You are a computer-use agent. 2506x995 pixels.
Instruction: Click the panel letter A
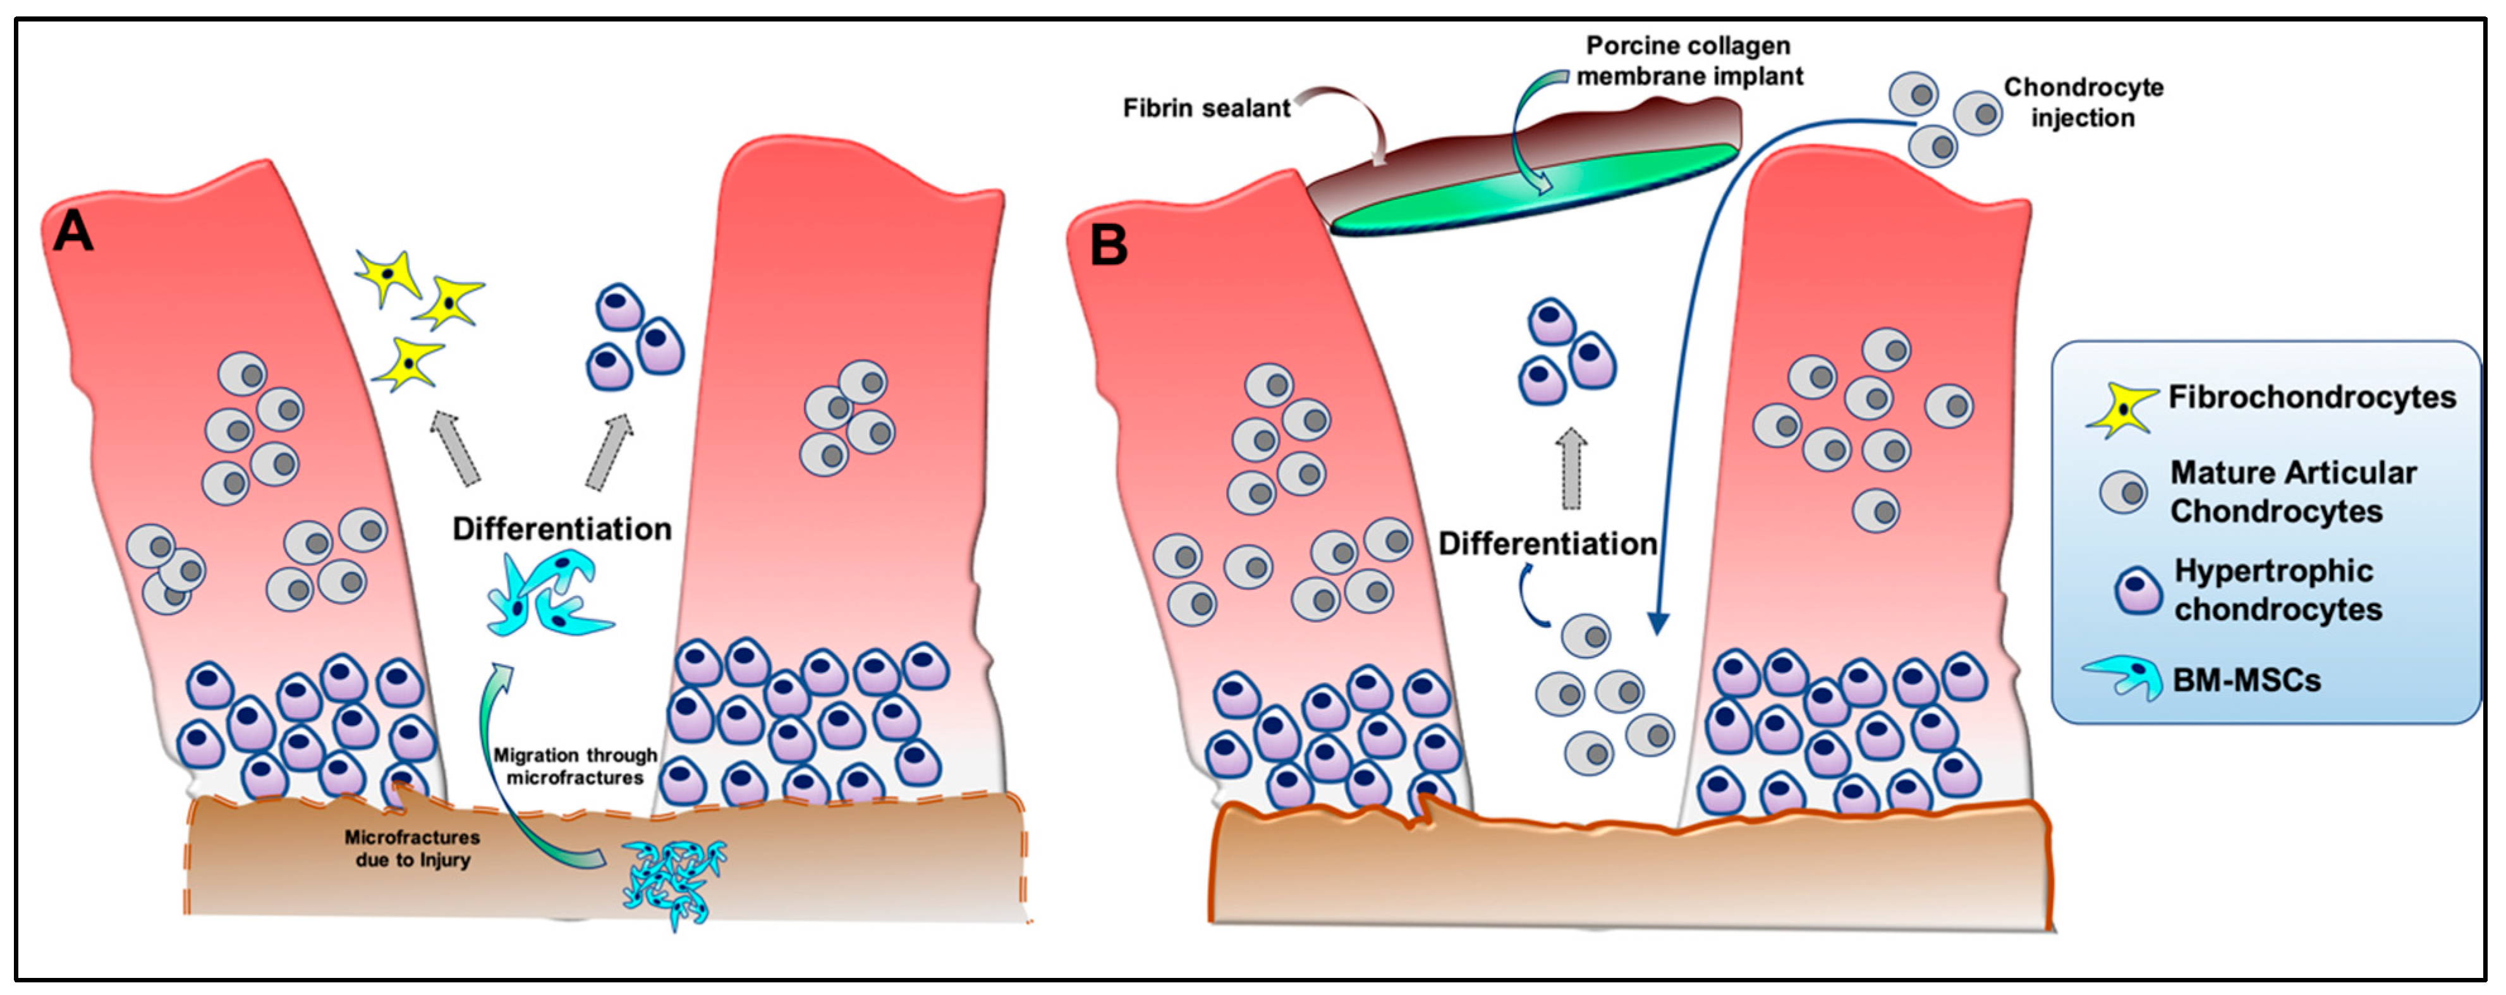pyautogui.click(x=73, y=233)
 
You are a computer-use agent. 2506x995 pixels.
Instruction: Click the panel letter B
pyautogui.click(x=1108, y=245)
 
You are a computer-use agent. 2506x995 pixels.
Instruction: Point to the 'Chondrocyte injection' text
pyautogui.click(x=2083, y=102)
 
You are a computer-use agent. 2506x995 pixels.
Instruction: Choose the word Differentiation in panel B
pyautogui.click(x=1547, y=544)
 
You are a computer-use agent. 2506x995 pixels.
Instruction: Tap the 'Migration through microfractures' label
pyautogui.click(x=575, y=766)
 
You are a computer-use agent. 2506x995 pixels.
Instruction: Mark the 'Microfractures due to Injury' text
pyautogui.click(x=413, y=848)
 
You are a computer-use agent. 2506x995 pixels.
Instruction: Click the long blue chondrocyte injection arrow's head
pyautogui.click(x=1658, y=623)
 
